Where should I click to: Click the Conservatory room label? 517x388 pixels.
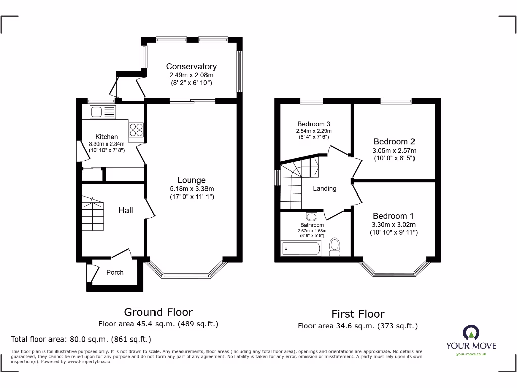pyautogui.click(x=191, y=66)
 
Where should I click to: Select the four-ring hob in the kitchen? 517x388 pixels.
pyautogui.click(x=136, y=130)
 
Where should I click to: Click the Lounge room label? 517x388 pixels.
pyautogui.click(x=191, y=180)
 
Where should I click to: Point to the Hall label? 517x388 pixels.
pyautogui.click(x=126, y=210)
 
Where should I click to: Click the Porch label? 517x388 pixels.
pyautogui.click(x=115, y=272)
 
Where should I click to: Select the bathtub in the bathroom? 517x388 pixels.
pyautogui.click(x=301, y=248)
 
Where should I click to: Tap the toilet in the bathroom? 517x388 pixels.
pyautogui.click(x=334, y=246)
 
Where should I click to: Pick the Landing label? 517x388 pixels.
pyautogui.click(x=324, y=188)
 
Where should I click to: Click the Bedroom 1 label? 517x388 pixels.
pyautogui.click(x=394, y=216)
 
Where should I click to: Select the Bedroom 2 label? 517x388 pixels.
pyautogui.click(x=394, y=142)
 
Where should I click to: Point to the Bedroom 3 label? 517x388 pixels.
pyautogui.click(x=314, y=124)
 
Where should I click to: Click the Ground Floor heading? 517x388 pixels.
pyautogui.click(x=158, y=312)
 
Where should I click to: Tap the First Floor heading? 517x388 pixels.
pyautogui.click(x=357, y=314)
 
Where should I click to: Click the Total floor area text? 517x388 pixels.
pyautogui.click(x=81, y=339)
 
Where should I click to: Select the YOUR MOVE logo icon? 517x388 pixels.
pyautogui.click(x=471, y=333)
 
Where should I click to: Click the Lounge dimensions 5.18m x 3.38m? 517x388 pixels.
pyautogui.click(x=191, y=189)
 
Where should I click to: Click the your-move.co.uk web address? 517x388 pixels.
pyautogui.click(x=471, y=354)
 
